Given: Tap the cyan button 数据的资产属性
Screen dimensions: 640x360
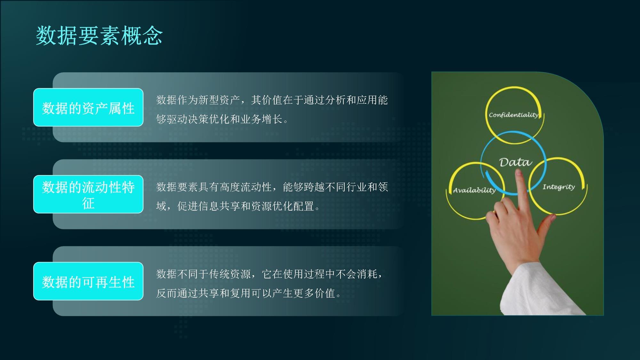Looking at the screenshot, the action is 88,107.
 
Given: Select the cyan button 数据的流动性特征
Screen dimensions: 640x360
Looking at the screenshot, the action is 88,194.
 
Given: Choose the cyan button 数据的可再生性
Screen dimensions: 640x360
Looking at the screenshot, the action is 88,281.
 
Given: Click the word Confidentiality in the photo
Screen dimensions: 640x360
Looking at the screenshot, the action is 514,115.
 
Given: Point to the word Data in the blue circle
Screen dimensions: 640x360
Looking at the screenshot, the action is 516,162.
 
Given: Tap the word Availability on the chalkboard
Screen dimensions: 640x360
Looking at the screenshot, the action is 474,190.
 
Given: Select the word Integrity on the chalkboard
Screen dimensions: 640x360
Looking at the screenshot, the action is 559,187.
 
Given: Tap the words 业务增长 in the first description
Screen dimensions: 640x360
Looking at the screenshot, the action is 261,119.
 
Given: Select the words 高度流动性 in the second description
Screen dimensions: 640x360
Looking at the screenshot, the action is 245,187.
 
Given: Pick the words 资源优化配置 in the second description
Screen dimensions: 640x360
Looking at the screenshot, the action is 283,206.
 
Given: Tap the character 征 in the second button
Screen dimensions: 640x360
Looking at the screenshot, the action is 88,203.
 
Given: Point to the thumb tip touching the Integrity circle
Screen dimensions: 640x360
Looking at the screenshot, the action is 552,218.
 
